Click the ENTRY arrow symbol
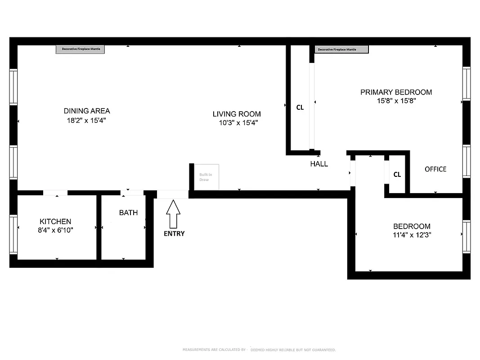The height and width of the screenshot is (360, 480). coord(173,214)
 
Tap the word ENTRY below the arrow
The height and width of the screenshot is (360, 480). coord(174,234)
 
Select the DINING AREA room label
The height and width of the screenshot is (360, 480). coord(87,111)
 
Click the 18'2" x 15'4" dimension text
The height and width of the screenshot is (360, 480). coord(87,121)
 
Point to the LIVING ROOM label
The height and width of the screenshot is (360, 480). coord(237,114)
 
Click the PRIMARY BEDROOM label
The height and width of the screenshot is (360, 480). coord(396,92)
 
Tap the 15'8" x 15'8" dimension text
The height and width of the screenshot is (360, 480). coord(396,101)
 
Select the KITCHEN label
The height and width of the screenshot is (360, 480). coord(55,221)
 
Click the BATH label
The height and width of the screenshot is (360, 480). coord(128,212)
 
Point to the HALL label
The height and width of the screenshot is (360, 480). coord(319,164)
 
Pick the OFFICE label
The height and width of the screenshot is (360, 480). coord(435,169)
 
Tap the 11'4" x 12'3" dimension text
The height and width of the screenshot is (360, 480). coord(412,235)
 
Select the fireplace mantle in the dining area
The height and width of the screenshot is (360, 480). coord(80,49)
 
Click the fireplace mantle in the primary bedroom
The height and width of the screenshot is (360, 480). coord(341,49)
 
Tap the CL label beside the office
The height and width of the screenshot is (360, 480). coord(397,175)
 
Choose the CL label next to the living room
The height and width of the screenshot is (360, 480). coord(300,108)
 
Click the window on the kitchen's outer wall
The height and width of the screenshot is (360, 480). coord(13,235)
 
